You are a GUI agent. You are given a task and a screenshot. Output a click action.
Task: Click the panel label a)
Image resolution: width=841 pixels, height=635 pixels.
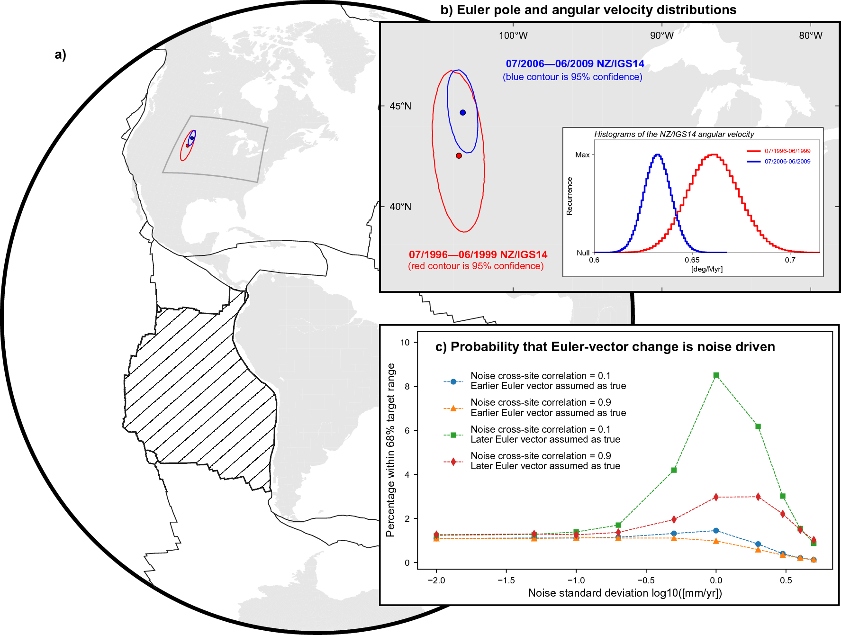click(x=60, y=54)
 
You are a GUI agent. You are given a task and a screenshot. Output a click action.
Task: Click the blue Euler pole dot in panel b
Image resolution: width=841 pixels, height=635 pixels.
click(x=462, y=112)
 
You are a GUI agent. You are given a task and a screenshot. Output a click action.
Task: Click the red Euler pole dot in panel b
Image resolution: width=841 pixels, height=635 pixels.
click(x=459, y=155)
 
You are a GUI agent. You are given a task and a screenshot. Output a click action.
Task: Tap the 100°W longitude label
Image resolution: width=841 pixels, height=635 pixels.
click(x=513, y=36)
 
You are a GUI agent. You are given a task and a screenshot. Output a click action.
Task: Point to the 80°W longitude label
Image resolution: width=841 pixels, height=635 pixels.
click(x=810, y=36)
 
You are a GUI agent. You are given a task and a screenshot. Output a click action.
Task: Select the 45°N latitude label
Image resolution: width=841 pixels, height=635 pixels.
click(x=400, y=106)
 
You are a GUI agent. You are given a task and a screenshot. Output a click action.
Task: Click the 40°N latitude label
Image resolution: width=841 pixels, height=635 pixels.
click(x=400, y=207)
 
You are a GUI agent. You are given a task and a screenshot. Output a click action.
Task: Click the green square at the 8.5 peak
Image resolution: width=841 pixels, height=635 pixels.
click(x=716, y=375)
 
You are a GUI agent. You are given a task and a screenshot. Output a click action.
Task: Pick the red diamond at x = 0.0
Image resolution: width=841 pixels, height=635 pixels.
click(x=716, y=497)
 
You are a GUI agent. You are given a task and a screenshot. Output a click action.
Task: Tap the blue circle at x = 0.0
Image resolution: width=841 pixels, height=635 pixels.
click(x=716, y=531)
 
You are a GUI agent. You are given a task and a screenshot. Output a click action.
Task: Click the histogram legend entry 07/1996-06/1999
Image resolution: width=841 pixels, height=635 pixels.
click(x=787, y=151)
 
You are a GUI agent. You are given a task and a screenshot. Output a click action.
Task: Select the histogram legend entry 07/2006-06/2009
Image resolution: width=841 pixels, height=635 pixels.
click(x=787, y=162)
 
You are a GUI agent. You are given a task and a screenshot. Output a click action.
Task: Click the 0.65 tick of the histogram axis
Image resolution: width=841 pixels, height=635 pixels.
click(x=692, y=260)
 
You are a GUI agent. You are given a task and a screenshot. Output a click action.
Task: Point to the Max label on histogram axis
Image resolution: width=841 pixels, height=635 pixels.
click(x=582, y=155)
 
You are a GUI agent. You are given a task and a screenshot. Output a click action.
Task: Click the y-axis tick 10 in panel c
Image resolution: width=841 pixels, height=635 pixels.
click(x=405, y=342)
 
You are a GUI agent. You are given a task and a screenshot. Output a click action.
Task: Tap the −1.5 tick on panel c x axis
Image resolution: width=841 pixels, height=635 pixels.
click(x=506, y=581)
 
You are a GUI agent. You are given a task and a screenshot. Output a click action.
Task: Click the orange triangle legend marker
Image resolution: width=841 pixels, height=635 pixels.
click(x=453, y=408)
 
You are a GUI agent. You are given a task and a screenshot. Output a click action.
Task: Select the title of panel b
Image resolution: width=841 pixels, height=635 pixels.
click(x=588, y=10)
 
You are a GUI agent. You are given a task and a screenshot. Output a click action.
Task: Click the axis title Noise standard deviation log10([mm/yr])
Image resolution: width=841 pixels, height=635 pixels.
click(x=625, y=593)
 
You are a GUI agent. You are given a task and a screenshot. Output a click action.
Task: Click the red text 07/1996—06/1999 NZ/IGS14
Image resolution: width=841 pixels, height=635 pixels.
click(x=478, y=255)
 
